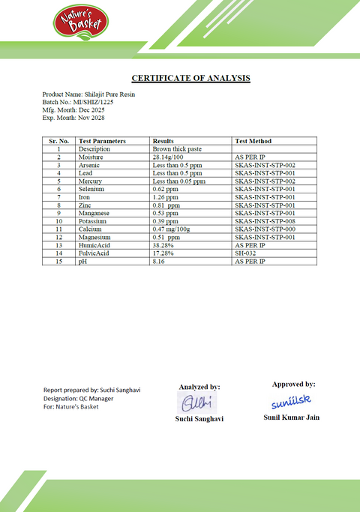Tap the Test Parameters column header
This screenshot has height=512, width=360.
coord(102,141)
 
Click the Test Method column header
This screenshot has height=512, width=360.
coord(253,141)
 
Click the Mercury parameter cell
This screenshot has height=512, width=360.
coord(90,181)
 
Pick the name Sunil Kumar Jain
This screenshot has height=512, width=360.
coord(292,417)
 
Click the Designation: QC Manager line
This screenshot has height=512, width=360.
coord(78,398)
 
